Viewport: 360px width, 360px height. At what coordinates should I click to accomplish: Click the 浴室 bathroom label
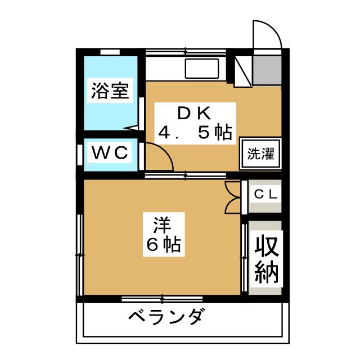tap(110, 91)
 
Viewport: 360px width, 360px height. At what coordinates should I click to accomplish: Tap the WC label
tap(110, 152)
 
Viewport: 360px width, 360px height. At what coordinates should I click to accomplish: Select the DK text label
tap(194, 113)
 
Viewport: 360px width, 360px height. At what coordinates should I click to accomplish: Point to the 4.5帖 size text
tap(195, 133)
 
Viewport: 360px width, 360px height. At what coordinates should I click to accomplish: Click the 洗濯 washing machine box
tap(260, 154)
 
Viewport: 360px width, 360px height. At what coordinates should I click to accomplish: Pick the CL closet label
tap(265, 195)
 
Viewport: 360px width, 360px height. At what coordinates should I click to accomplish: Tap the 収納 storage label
tap(266, 259)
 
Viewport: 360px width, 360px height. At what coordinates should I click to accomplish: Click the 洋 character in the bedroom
tap(163, 224)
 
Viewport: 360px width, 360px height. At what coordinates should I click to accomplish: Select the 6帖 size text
tap(164, 245)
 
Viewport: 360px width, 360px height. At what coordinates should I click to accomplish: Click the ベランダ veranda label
tap(165, 317)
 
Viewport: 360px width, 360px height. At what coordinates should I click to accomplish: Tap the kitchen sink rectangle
tap(202, 69)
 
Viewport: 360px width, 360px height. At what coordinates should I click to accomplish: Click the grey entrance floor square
tap(267, 70)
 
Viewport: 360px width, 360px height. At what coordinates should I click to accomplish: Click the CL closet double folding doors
tap(233, 197)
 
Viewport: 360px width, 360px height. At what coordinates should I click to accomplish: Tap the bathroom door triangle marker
tap(132, 128)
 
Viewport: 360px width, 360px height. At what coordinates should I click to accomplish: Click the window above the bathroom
tap(110, 52)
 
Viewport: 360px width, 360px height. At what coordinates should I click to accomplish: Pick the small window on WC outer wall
tap(80, 155)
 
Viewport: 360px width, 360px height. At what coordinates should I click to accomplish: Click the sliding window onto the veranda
tap(162, 299)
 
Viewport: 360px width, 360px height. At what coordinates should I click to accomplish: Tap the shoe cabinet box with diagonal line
tap(243, 71)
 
